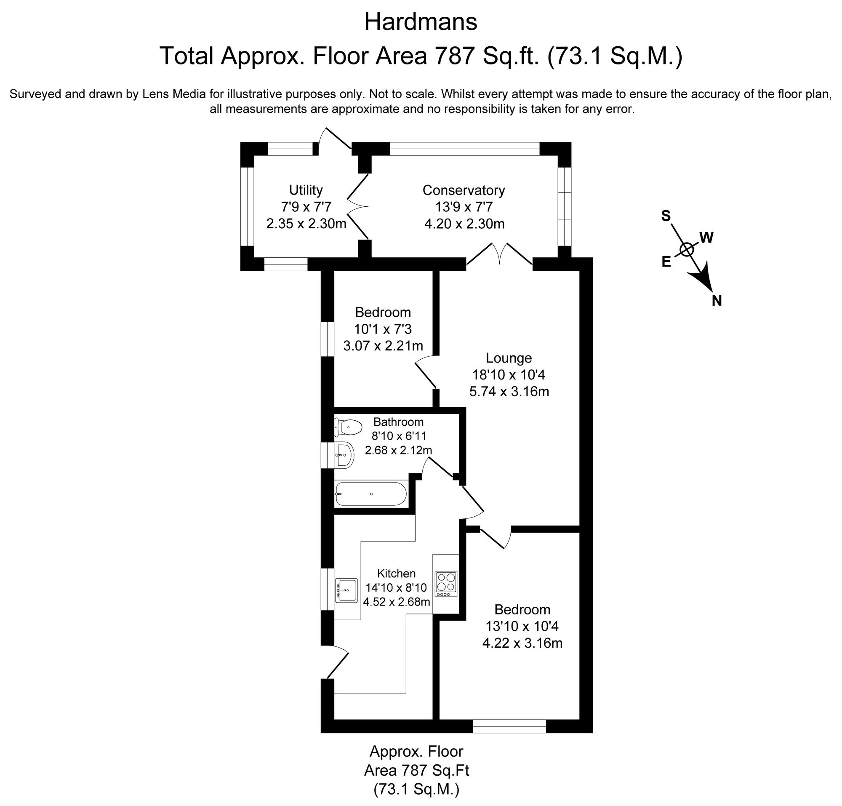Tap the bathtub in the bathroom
pyautogui.click(x=370, y=494)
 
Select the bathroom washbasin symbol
pyautogui.click(x=344, y=454)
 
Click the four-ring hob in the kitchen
pyautogui.click(x=446, y=584)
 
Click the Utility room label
pyautogui.click(x=306, y=190)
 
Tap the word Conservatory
pyautogui.click(x=464, y=190)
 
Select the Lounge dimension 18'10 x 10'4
pyautogui.click(x=509, y=375)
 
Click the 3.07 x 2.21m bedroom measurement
pyautogui.click(x=383, y=345)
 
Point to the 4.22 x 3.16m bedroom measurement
pyautogui.click(x=522, y=643)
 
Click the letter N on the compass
pyautogui.click(x=717, y=301)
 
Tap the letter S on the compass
pyautogui.click(x=666, y=216)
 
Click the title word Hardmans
pyautogui.click(x=421, y=22)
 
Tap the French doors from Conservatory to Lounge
pyautogui.click(x=500, y=254)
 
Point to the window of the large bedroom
pyautogui.click(x=509, y=726)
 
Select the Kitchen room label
pyautogui.click(x=396, y=574)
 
